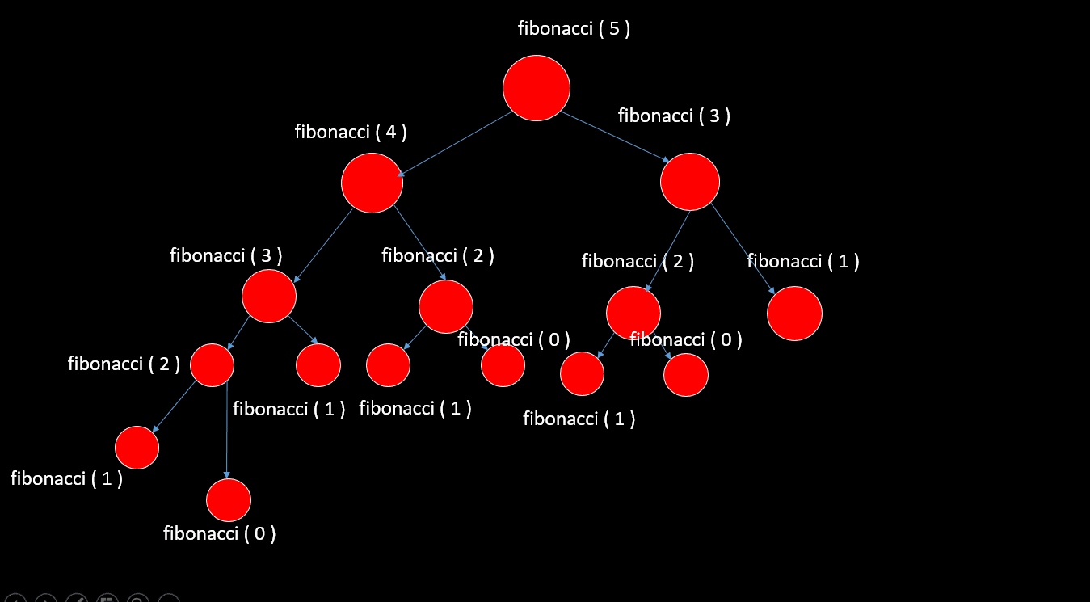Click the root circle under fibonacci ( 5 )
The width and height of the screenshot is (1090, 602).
(537, 88)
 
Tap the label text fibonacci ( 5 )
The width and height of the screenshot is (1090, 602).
(574, 29)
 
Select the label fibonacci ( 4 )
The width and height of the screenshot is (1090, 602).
(350, 132)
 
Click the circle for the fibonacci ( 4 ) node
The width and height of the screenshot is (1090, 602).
(372, 183)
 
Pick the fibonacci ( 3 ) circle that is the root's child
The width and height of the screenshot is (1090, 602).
(689, 182)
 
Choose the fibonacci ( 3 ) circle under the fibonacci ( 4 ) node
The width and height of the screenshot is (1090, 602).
(269, 297)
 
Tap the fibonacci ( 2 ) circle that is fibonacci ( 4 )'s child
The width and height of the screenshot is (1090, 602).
(445, 307)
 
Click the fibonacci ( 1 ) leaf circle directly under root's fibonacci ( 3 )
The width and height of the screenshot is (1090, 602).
(794, 314)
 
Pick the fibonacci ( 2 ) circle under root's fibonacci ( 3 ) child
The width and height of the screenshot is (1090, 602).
(633, 313)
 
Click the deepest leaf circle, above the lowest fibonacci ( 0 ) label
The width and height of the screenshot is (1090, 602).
(229, 499)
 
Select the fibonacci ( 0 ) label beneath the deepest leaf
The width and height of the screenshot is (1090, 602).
(219, 533)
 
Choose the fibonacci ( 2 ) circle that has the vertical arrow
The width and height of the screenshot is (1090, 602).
(212, 365)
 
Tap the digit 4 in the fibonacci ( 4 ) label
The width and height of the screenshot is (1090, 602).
(390, 132)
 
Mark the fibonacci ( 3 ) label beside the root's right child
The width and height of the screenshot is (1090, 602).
(674, 116)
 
